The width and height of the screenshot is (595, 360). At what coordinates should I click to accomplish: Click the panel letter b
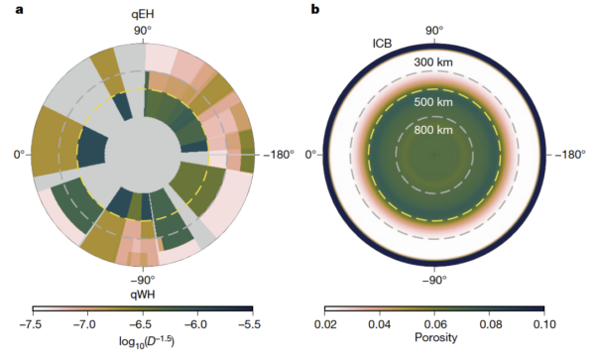coord(315,10)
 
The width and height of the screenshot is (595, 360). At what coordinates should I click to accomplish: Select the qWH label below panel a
coord(142,294)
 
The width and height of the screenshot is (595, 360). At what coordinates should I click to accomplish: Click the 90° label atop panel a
coord(143,31)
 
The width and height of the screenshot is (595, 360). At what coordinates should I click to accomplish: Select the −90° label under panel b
coord(434,280)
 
